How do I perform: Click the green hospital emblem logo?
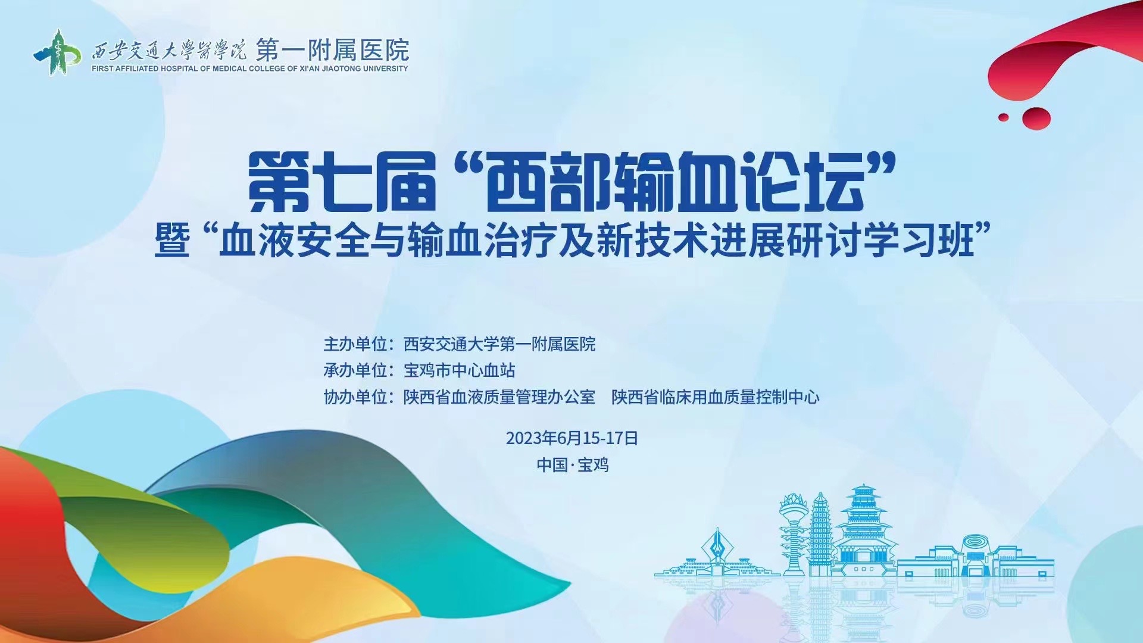[57, 53]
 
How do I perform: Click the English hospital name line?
[250, 68]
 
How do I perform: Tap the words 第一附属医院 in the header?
[333, 50]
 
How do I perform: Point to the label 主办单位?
[355, 344]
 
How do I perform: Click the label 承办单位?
[355, 370]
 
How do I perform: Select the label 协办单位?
[355, 397]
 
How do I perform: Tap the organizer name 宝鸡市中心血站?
[460, 370]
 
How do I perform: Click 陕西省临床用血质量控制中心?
[716, 397]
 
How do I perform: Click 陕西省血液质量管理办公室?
[499, 397]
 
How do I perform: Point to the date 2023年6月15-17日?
[572, 438]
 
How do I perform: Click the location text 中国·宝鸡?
[573, 465]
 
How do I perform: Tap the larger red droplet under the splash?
[1036, 118]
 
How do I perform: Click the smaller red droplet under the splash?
[1004, 117]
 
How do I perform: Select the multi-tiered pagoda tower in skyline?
[863, 530]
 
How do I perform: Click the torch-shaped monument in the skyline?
[793, 533]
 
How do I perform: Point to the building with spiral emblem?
[975, 557]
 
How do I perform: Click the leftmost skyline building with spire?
[717, 554]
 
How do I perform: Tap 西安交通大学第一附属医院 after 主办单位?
[499, 344]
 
